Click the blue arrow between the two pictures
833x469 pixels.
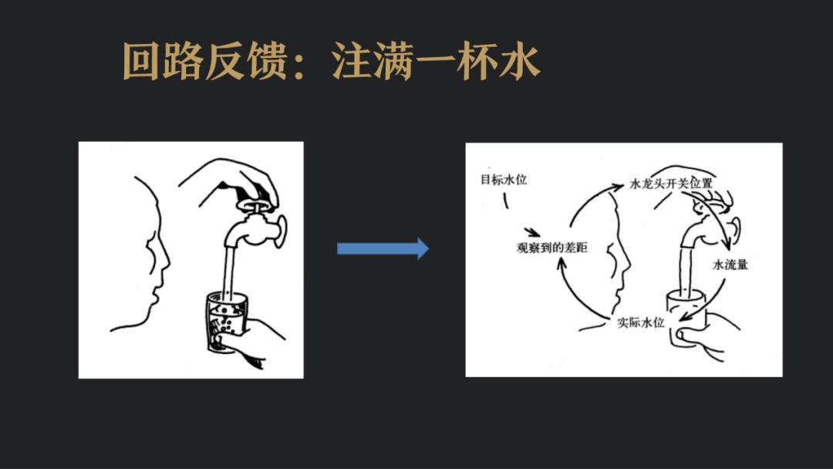click(x=383, y=248)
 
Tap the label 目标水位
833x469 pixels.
click(x=504, y=180)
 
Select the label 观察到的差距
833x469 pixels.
click(x=552, y=248)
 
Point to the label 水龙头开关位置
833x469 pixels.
click(x=671, y=184)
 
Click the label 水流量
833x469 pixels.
click(x=730, y=265)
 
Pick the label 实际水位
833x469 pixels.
click(x=641, y=322)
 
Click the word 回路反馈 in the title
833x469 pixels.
click(x=205, y=61)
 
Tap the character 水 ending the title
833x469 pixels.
click(x=520, y=61)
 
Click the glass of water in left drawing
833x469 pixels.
click(x=226, y=322)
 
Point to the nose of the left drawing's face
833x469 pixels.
click(x=165, y=260)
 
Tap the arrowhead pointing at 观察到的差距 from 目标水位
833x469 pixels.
click(x=535, y=233)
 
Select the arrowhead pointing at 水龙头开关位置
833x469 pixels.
click(x=618, y=186)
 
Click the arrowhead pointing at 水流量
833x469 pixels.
click(x=727, y=245)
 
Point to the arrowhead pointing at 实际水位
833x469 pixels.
click(x=686, y=317)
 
